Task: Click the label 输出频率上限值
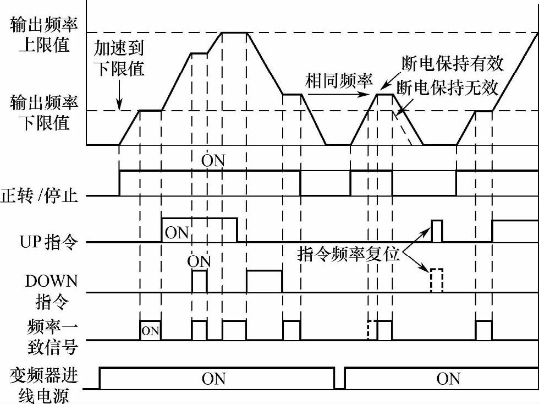pos(44,35)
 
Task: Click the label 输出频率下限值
pos(44,112)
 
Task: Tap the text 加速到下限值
pos(119,58)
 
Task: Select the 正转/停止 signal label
pos(39,196)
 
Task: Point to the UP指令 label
pos(45,242)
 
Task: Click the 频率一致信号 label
pos(51,337)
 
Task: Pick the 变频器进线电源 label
pos(44,385)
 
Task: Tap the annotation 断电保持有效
pos(453,63)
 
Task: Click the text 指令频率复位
pos(348,254)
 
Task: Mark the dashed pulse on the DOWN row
pos(437,280)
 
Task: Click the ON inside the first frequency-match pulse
pos(150,331)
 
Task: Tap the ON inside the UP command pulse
pos(177,232)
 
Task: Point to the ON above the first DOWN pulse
pos(199,261)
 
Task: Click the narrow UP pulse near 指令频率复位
pos(437,231)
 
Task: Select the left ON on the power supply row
pos(213,379)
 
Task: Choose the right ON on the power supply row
pos(448,379)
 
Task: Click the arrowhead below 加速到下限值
pos(119,106)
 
